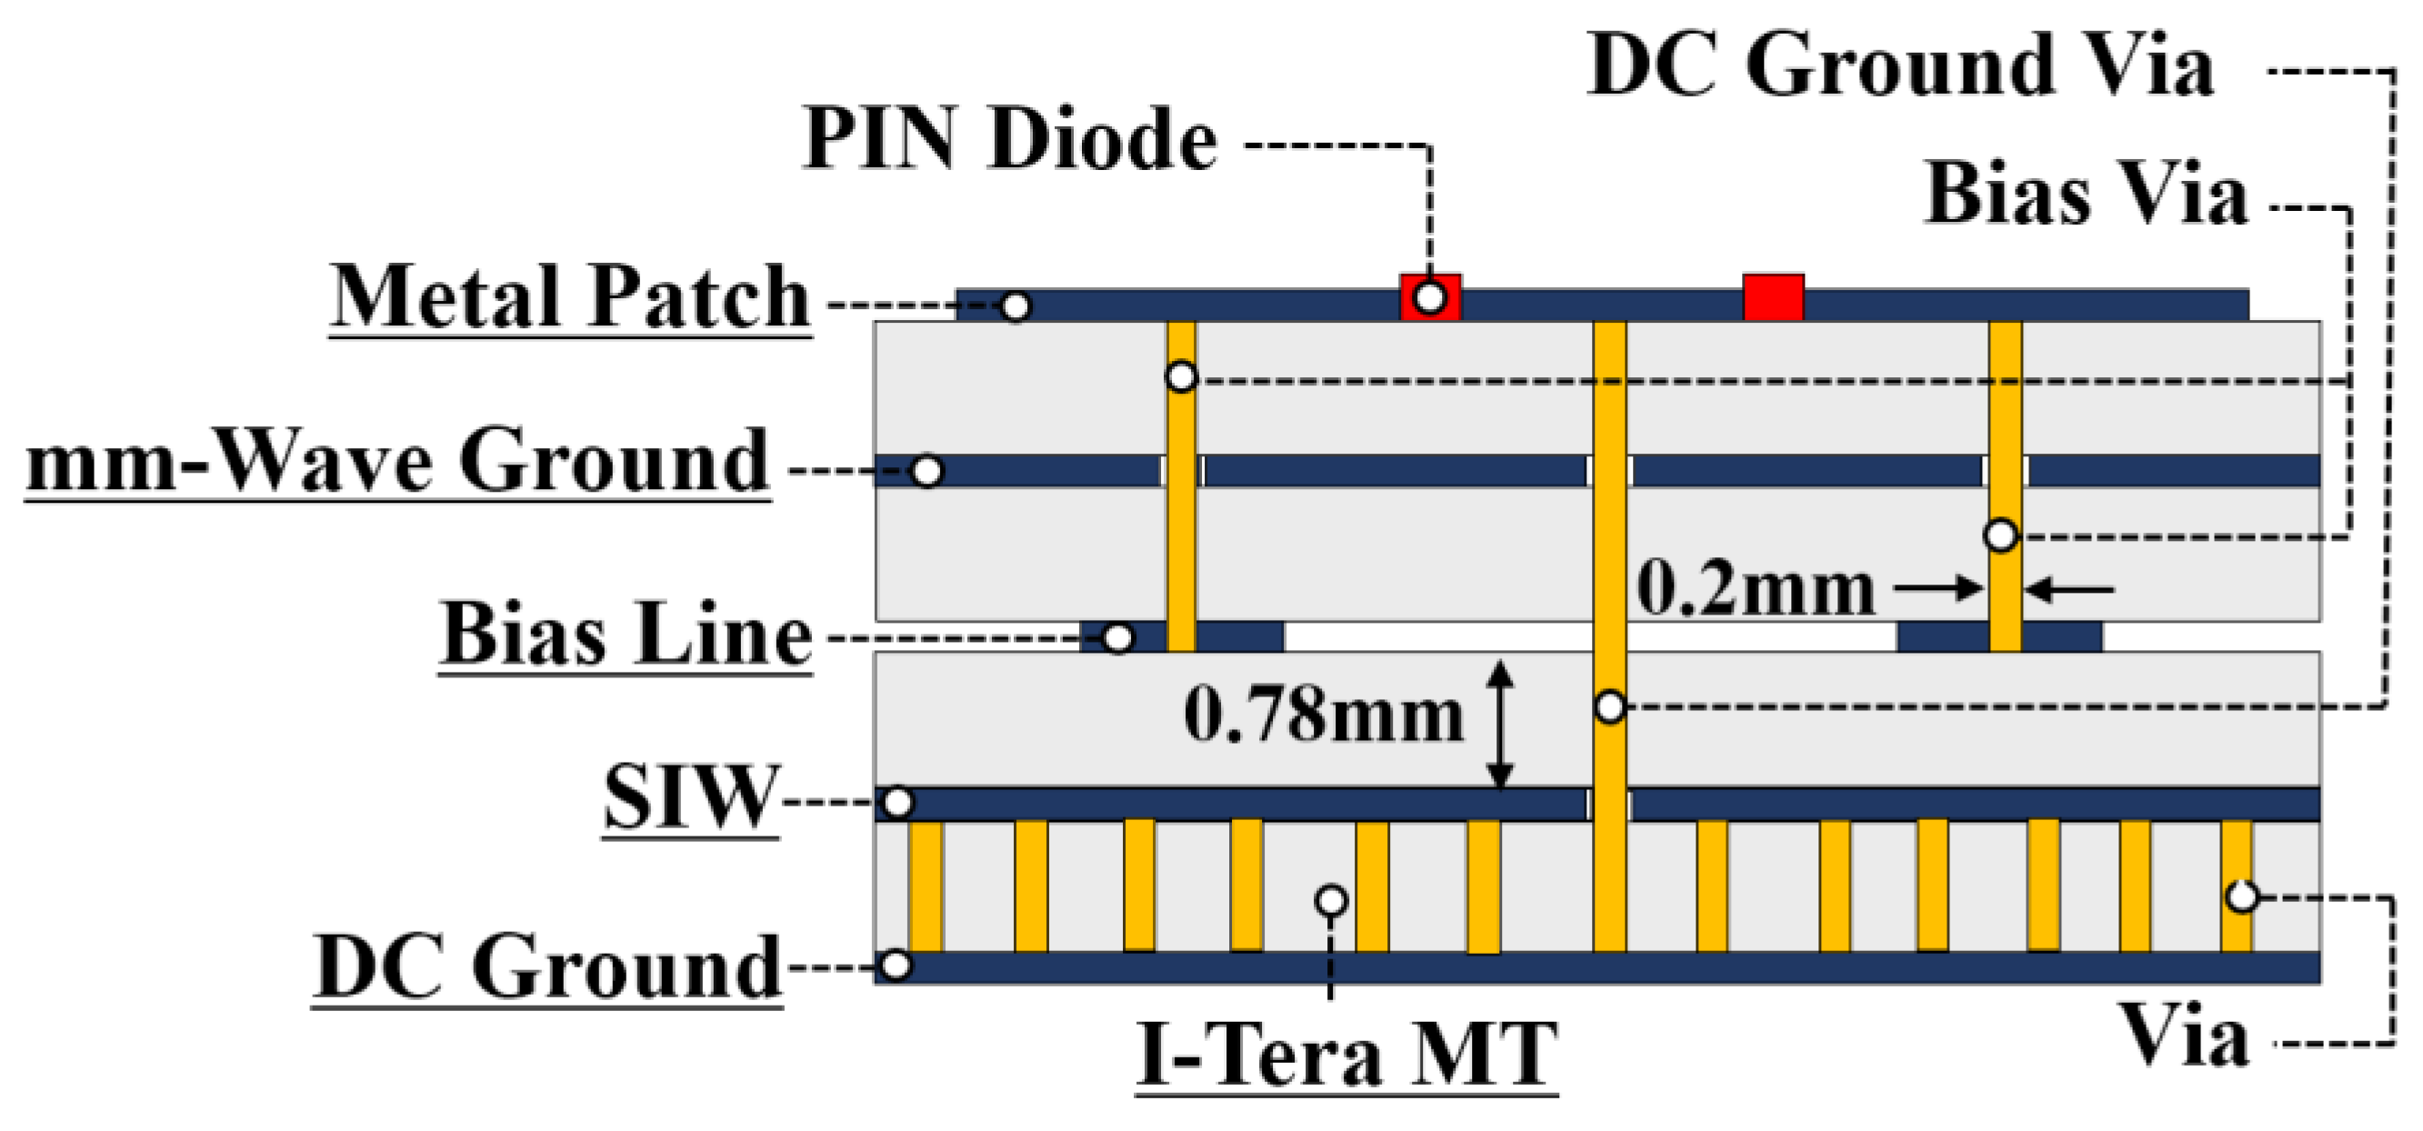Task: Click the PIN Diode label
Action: [x=1009, y=139]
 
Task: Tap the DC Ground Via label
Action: [x=1900, y=65]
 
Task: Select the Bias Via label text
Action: [x=2087, y=194]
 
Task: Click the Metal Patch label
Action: [x=570, y=297]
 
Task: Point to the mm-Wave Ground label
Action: [x=398, y=461]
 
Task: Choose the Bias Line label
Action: [x=626, y=635]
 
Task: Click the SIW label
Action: [x=691, y=798]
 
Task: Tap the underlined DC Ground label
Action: [x=547, y=967]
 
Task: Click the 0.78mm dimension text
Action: [x=1324, y=716]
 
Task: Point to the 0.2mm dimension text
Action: [x=1755, y=589]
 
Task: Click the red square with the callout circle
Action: [x=1430, y=297]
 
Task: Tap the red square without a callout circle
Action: [x=1773, y=297]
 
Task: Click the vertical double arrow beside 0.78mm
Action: [x=1500, y=725]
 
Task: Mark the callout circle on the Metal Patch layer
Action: [x=1015, y=306]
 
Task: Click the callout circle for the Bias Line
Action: [x=1117, y=639]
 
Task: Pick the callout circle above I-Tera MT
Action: [x=1331, y=901]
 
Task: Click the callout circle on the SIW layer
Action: [x=898, y=803]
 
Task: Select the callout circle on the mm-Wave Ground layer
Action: [x=927, y=472]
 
